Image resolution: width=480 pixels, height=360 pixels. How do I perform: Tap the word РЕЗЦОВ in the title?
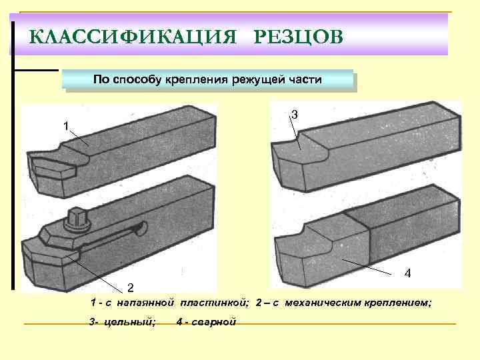click(299, 35)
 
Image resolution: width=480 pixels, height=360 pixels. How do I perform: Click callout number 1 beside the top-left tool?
click(65, 126)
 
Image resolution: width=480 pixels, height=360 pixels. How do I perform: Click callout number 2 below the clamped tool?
click(131, 287)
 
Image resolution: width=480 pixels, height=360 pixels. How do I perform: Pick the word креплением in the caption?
click(397, 303)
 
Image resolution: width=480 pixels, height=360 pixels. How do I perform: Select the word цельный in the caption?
click(131, 323)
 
